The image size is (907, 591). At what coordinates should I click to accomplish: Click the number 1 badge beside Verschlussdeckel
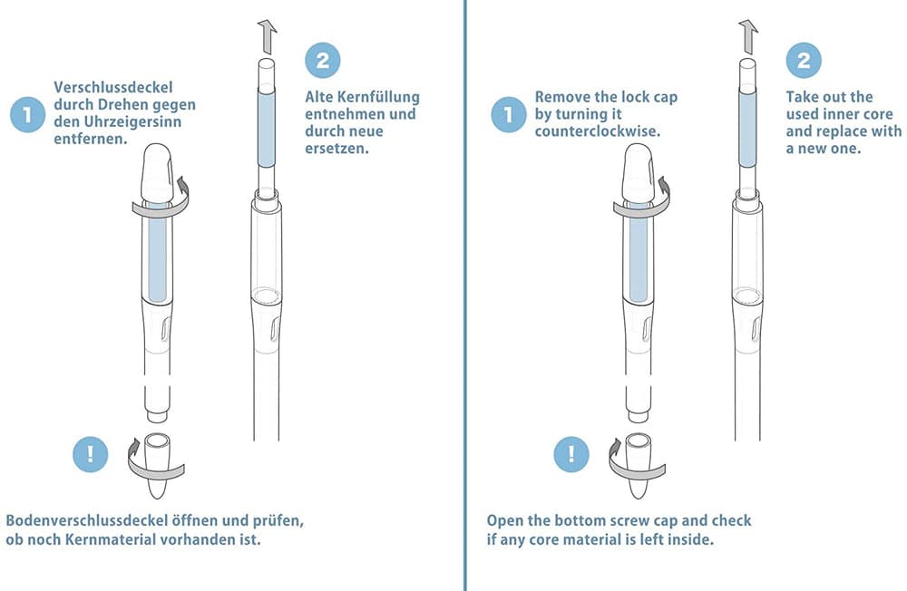27,114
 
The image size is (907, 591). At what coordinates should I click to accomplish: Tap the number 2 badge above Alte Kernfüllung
323,61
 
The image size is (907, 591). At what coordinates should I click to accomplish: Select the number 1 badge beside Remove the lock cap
509,114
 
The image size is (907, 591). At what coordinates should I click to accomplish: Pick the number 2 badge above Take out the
804,61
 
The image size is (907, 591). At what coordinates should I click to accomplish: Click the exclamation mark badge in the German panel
90,454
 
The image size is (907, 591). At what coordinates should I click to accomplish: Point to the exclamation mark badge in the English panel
571,454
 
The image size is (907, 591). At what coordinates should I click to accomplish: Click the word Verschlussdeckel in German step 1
113,87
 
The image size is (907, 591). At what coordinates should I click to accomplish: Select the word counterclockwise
597,131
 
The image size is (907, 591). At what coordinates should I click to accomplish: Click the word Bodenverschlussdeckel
87,520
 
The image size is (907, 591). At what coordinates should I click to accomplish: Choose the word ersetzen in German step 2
336,149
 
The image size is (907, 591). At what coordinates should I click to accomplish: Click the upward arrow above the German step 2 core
267,36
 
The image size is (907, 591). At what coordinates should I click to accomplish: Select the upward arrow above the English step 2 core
748,36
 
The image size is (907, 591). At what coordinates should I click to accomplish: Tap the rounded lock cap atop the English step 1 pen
639,172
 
